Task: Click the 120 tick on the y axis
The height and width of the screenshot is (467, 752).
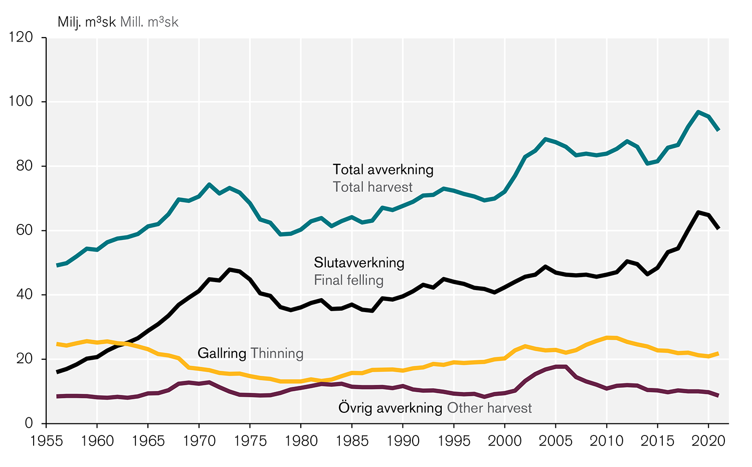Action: tap(21, 38)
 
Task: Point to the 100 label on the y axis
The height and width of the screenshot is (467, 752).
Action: tap(21, 102)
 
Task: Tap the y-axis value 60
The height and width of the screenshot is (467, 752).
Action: tap(24, 230)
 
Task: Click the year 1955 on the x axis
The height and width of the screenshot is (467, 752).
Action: tap(46, 441)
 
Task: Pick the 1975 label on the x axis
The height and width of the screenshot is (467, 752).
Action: tap(250, 441)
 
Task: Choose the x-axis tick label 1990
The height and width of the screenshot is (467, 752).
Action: tap(403, 441)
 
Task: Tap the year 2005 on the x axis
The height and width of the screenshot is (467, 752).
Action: tap(556, 441)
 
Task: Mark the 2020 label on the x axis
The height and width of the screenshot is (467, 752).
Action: tap(708, 441)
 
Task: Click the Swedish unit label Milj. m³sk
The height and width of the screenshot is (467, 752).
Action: tap(87, 22)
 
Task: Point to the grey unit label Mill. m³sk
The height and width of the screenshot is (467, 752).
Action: tap(149, 22)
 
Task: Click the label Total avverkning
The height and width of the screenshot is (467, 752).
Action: tap(383, 170)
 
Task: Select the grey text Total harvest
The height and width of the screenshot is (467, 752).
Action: tap(372, 187)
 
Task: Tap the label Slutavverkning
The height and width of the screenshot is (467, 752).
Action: tap(359, 263)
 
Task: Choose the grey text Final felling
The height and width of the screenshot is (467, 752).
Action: tap(348, 280)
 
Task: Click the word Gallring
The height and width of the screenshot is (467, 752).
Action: tap(222, 353)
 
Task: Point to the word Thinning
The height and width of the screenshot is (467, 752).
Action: tap(277, 353)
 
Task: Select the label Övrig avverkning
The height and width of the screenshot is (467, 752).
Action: tap(391, 408)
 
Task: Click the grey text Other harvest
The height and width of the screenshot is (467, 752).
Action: tap(489, 408)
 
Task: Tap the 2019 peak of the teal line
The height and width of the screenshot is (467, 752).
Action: tap(698, 112)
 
